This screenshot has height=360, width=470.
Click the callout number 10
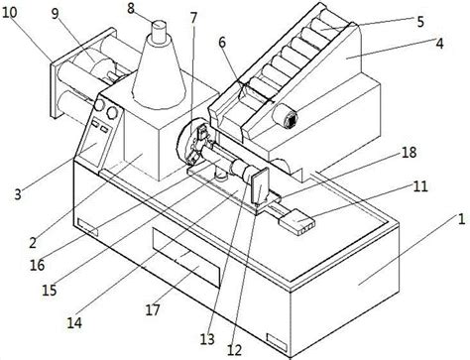(9, 13)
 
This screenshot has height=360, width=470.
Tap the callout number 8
(131, 8)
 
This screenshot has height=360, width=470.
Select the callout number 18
(409, 153)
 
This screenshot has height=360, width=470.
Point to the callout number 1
(461, 219)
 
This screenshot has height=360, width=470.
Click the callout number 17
(153, 309)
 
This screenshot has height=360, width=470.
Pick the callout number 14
(74, 322)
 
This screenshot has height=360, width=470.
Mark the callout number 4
(439, 44)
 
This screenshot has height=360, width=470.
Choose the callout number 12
(234, 351)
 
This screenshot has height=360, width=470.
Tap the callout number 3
(18, 194)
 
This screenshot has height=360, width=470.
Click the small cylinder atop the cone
(160, 32)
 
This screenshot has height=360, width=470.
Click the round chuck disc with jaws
(192, 141)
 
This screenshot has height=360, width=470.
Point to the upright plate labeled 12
(260, 185)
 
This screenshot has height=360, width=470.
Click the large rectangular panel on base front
(186, 256)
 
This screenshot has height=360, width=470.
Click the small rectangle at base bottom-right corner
(277, 341)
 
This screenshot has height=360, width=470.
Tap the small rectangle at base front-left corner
(87, 227)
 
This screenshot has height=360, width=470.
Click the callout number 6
(222, 43)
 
